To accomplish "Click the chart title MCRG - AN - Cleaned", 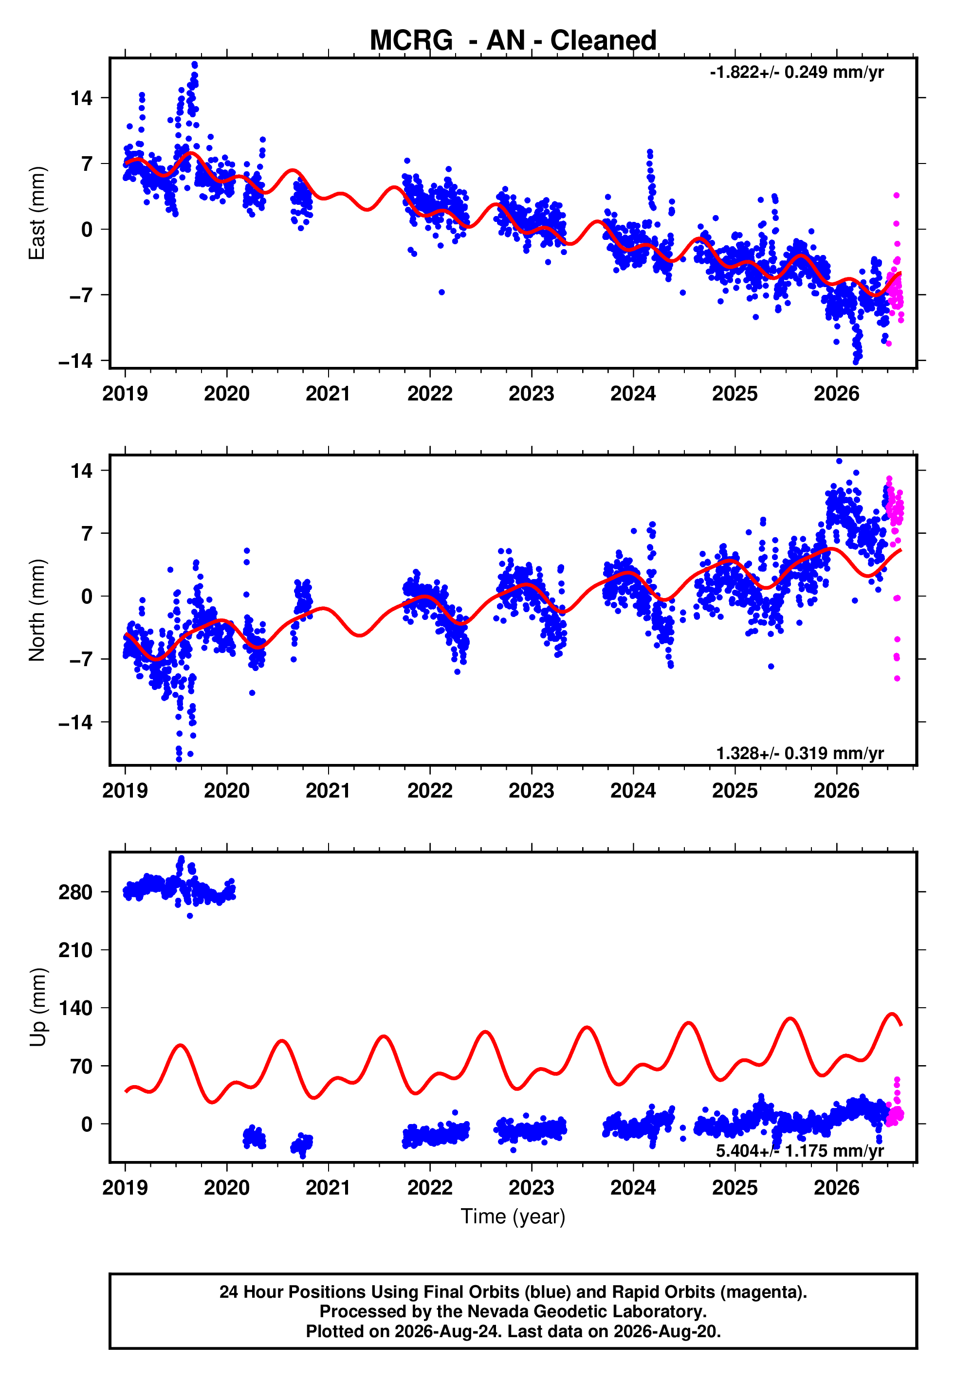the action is click(x=513, y=41).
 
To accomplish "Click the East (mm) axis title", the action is click(x=37, y=213).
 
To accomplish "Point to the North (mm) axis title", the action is click(x=37, y=610).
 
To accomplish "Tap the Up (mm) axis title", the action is click(x=37, y=1008).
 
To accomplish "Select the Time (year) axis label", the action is click(x=513, y=1217).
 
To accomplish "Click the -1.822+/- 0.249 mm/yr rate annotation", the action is click(x=796, y=73).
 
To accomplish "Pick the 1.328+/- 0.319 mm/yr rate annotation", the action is click(x=800, y=753).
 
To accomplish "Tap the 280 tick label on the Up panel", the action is click(x=76, y=892).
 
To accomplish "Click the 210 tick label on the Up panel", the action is click(x=76, y=950).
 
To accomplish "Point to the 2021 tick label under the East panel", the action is click(x=328, y=394).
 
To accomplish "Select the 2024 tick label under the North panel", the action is click(x=633, y=791).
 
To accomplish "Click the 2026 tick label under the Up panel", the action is click(x=837, y=1188).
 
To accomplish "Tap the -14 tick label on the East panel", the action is click(x=76, y=361).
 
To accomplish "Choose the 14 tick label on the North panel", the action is click(x=82, y=471).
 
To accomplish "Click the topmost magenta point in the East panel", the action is click(x=897, y=196).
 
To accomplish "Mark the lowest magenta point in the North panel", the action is click(x=897, y=678).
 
